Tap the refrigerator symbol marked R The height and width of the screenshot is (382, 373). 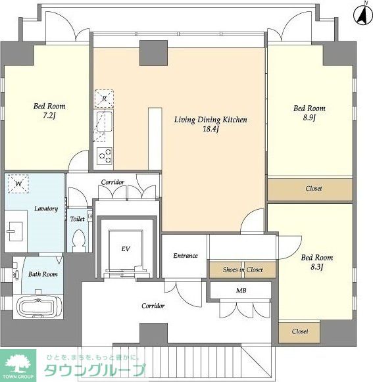104,99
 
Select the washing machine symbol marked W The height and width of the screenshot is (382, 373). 18,183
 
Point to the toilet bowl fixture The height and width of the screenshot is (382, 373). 79,240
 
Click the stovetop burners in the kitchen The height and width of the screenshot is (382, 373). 105,155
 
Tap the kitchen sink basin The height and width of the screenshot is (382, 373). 105,122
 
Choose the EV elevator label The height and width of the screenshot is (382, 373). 126,249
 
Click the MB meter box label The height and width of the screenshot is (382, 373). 241,291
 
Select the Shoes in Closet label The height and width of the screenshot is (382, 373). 243,270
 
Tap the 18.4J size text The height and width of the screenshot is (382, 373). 211,129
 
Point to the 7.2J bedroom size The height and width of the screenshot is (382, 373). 49,116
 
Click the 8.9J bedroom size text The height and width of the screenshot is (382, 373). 309,118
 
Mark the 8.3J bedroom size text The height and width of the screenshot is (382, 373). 316,267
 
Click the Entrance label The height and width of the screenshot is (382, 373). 186,256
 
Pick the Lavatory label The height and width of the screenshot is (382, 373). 46,208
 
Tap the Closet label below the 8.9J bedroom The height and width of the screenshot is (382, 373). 314,188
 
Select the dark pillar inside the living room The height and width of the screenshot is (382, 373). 153,53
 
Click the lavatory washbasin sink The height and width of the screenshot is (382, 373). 14,231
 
